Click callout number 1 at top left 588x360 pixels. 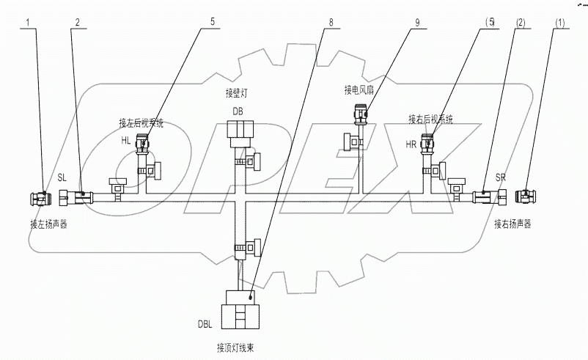(x=29, y=22)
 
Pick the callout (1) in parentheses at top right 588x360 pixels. (x=562, y=22)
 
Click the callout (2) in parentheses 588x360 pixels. (x=521, y=22)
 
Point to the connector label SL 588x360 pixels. (x=63, y=177)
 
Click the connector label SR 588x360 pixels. (x=501, y=178)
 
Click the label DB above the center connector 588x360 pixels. (x=238, y=111)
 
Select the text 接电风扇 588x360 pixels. (x=360, y=90)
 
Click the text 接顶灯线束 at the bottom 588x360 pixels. (x=238, y=348)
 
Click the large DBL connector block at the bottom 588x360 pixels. (x=240, y=311)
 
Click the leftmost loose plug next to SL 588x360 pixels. (x=39, y=197)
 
